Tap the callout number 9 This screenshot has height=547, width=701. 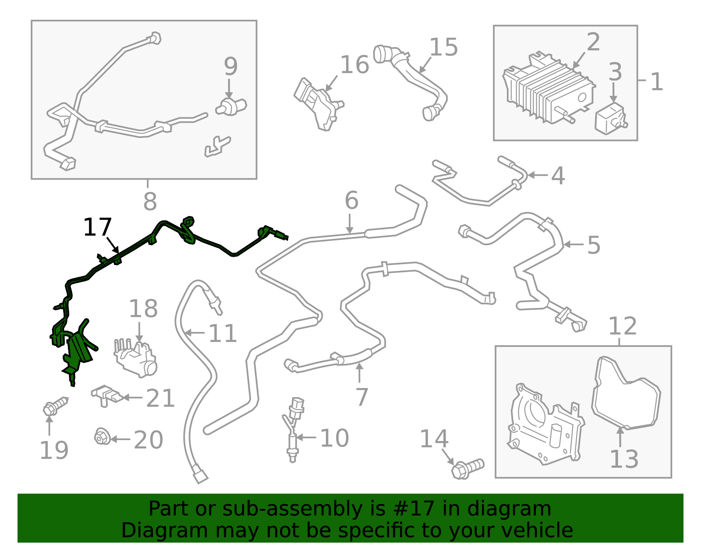(x=230, y=66)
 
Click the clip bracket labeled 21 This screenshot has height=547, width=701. (x=106, y=395)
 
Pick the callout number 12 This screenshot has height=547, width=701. (x=622, y=326)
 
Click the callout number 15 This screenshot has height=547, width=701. (x=443, y=47)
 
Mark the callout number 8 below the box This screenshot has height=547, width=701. (x=150, y=201)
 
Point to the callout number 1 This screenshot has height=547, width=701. (x=656, y=82)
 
